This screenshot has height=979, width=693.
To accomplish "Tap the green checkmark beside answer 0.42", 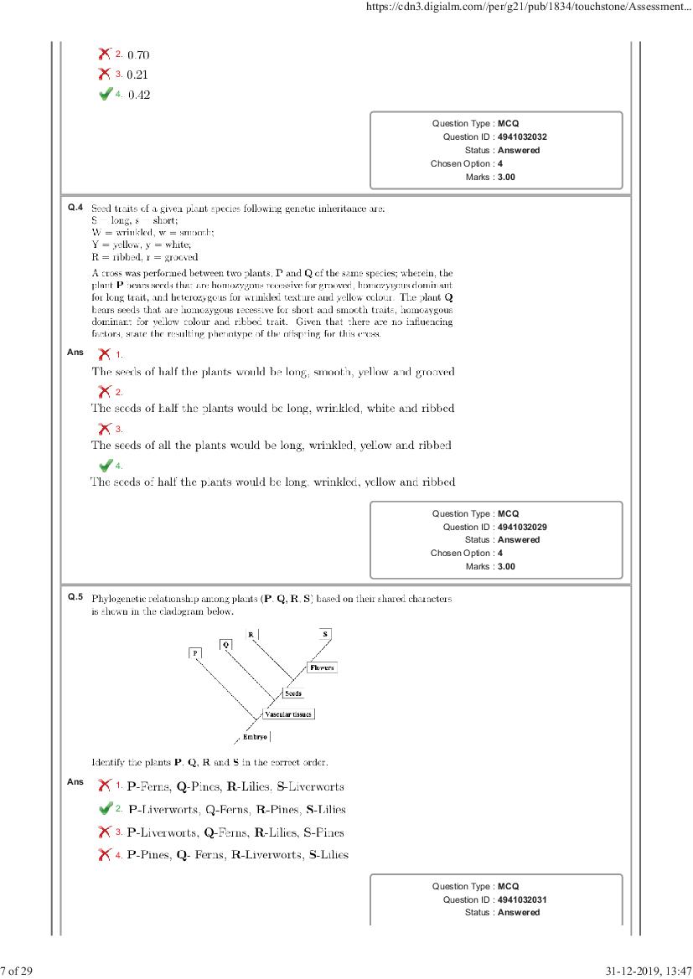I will click(x=105, y=94).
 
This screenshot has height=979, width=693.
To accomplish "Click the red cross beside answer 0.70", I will click(x=105, y=54).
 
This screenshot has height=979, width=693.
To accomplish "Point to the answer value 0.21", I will click(x=138, y=75).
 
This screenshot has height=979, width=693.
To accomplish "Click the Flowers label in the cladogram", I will click(x=322, y=667).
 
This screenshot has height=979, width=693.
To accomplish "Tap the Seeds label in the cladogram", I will click(x=293, y=693).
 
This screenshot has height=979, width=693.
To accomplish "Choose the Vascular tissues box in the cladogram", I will click(x=288, y=714).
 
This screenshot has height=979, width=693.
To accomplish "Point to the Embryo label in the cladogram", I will click(x=255, y=737).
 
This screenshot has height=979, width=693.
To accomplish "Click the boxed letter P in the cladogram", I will click(x=195, y=652).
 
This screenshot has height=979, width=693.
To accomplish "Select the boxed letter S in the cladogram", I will click(x=325, y=634).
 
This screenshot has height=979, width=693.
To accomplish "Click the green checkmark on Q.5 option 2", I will click(x=105, y=809).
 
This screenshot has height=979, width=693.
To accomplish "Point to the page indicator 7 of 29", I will click(x=16, y=971).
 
